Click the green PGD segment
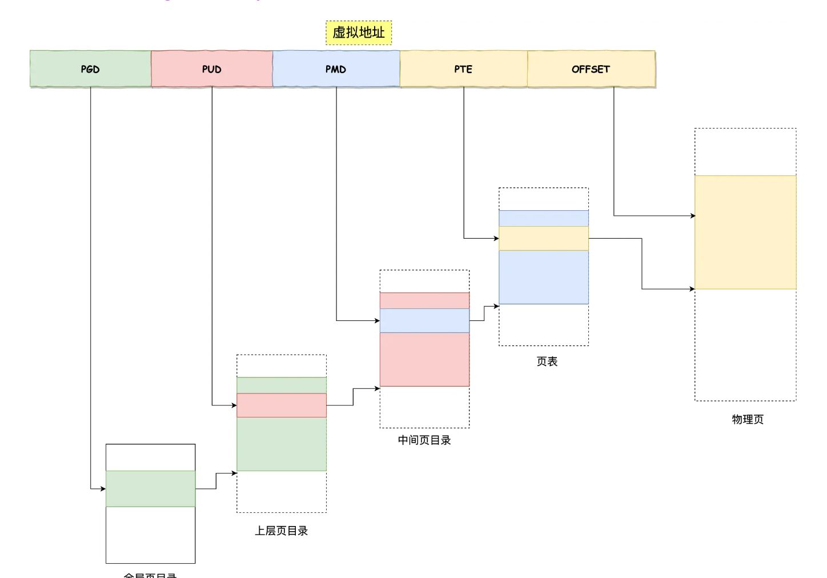tap(90, 69)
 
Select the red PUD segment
tap(211, 69)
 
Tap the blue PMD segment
tap(336, 69)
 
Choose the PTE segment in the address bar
tap(463, 69)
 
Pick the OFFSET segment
tap(591, 69)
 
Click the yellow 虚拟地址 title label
tap(359, 33)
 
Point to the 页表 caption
tap(547, 362)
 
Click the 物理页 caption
tap(747, 419)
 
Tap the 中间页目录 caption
tap(424, 440)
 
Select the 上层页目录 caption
tap(281, 531)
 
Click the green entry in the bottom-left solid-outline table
tap(150, 488)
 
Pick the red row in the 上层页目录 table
tap(282, 405)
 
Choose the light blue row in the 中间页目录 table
tap(424, 320)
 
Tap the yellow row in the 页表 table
tap(543, 238)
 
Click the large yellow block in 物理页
tap(745, 232)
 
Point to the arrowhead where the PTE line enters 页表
tap(496, 238)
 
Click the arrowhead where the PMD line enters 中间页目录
tap(377, 320)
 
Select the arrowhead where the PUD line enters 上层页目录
tap(234, 405)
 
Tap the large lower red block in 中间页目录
tap(424, 359)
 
